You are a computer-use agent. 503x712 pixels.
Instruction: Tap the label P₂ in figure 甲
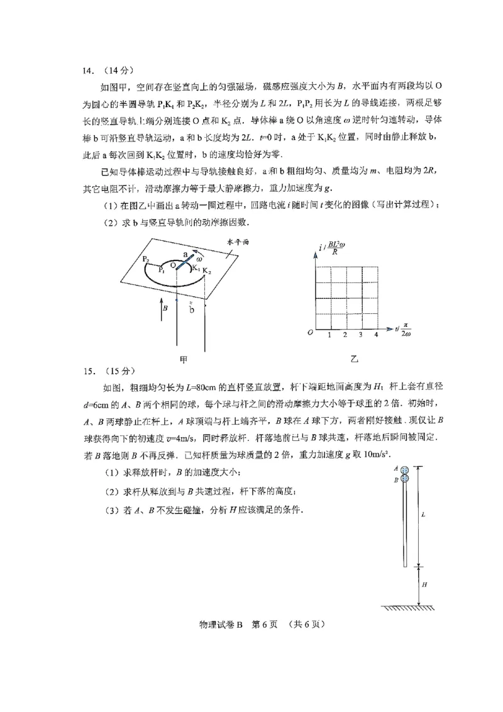(145, 259)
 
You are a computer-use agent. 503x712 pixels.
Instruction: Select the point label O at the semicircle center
(172, 266)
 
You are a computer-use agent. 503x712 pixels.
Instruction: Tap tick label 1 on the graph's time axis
(330, 335)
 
